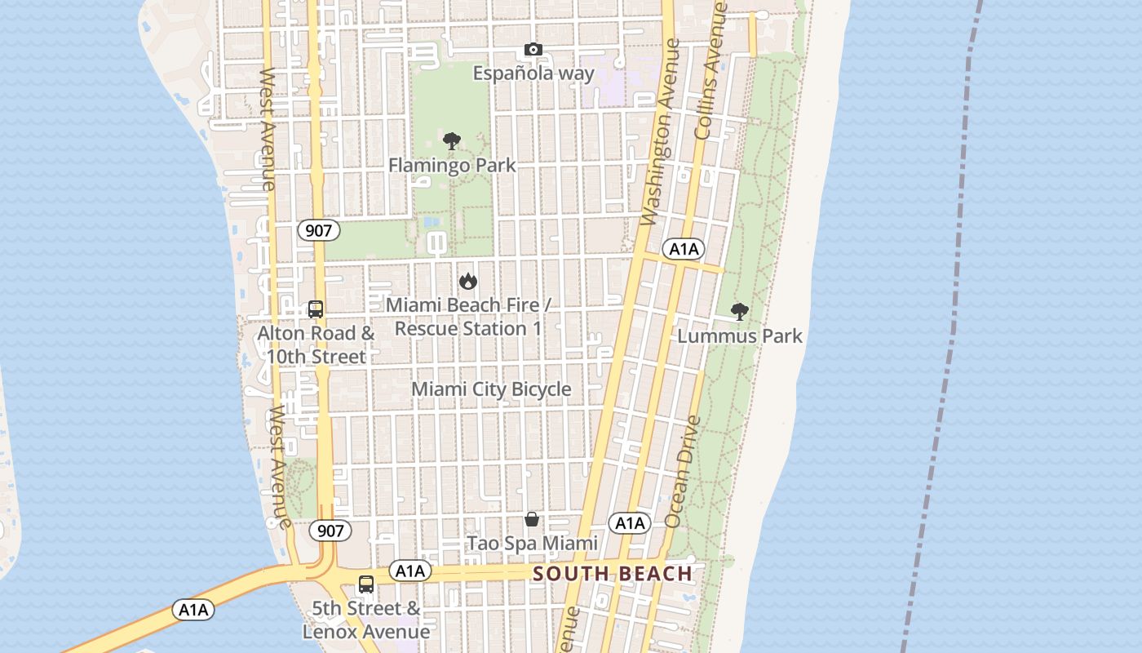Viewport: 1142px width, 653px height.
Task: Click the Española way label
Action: coord(533,73)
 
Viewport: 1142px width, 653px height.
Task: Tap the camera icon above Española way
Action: coord(533,50)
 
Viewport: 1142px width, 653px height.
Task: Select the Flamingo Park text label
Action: coord(452,165)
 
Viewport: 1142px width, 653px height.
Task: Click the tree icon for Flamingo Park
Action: coord(452,141)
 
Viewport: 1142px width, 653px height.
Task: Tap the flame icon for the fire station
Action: coord(467,281)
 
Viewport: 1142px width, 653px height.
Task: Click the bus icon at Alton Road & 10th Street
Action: coord(316,309)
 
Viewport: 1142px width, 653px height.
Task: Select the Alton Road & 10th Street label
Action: coord(316,344)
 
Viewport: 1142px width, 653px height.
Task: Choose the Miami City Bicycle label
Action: coord(491,389)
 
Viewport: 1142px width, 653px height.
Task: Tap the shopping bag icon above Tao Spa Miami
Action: coord(532,519)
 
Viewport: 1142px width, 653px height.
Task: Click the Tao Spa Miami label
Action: coord(532,543)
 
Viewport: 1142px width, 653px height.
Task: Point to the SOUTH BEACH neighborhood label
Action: coord(613,574)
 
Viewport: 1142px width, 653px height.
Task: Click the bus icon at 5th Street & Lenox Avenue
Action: coord(366,584)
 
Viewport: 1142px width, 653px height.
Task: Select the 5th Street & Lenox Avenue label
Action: coord(366,620)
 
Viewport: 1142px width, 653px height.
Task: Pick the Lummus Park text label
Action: coord(740,335)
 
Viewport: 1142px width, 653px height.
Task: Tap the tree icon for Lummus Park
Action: coord(740,311)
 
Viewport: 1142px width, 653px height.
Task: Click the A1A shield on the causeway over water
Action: coord(193,610)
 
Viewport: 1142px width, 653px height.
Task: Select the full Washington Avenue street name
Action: coord(661,132)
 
